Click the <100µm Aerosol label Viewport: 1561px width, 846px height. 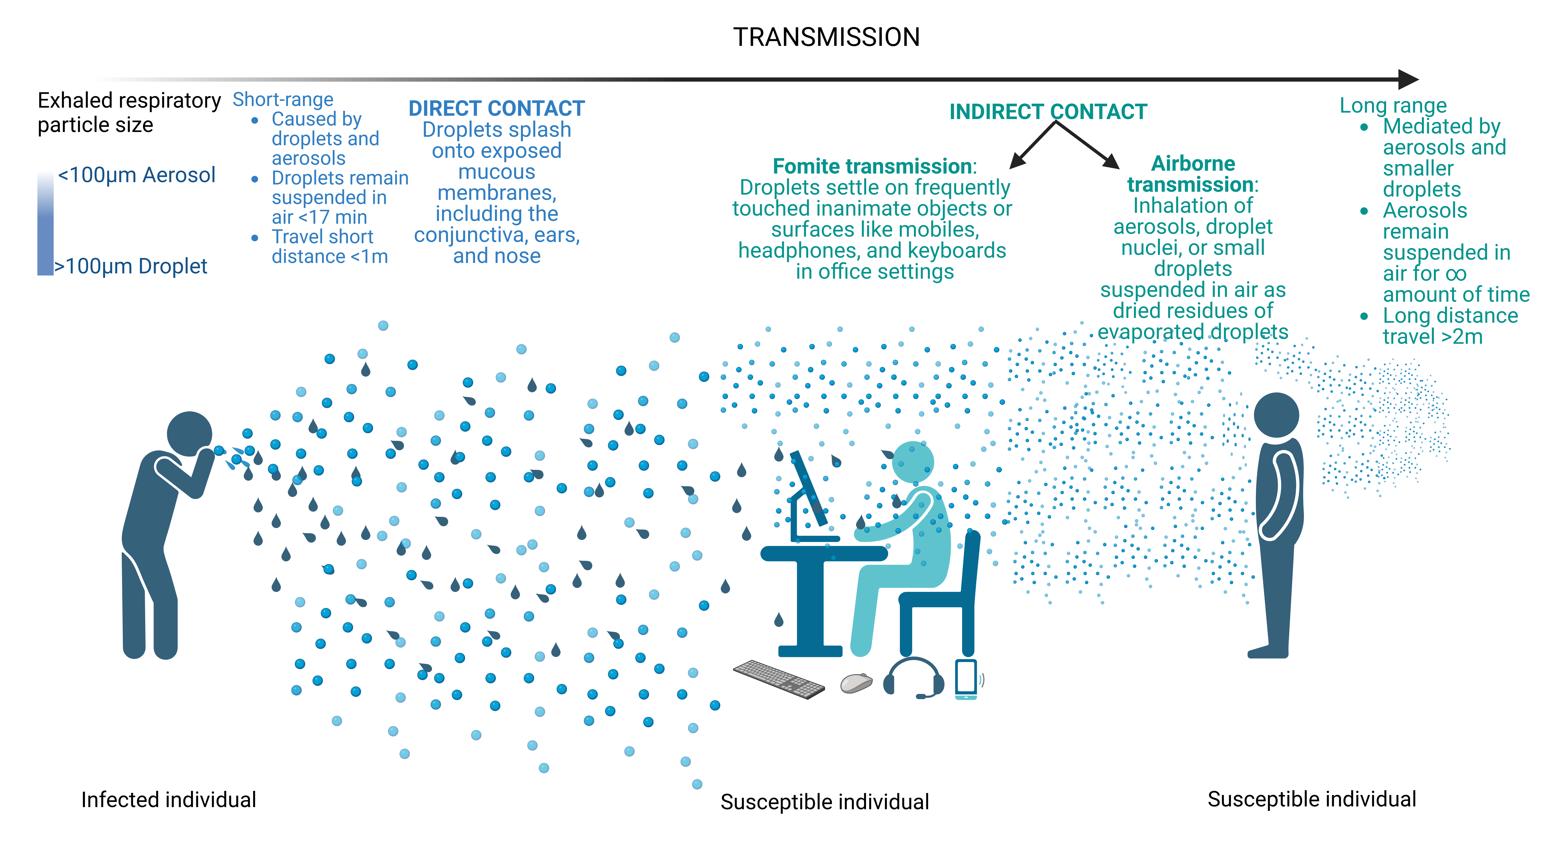(136, 175)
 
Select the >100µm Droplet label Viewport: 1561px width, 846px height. (131, 266)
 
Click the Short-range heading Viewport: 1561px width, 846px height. (283, 99)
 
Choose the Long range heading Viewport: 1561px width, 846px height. (1393, 105)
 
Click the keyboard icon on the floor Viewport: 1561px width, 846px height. (779, 679)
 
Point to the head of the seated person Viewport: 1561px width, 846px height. (913, 462)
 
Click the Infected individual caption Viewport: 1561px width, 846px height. (168, 800)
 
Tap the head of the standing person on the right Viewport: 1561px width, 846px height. (1276, 415)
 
